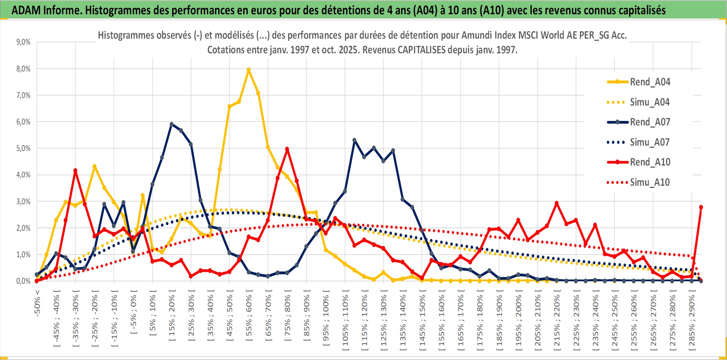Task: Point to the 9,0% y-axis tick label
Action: coord(23,42)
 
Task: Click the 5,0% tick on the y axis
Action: coord(23,148)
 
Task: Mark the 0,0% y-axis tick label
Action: coord(23,281)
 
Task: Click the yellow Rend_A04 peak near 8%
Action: coord(248,70)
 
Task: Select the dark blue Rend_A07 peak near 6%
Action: coord(171,124)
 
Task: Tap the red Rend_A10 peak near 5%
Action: coord(287,149)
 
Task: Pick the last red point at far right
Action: coord(701,207)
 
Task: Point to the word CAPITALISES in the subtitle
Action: coord(421,50)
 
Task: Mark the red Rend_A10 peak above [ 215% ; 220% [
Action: coord(557,203)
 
